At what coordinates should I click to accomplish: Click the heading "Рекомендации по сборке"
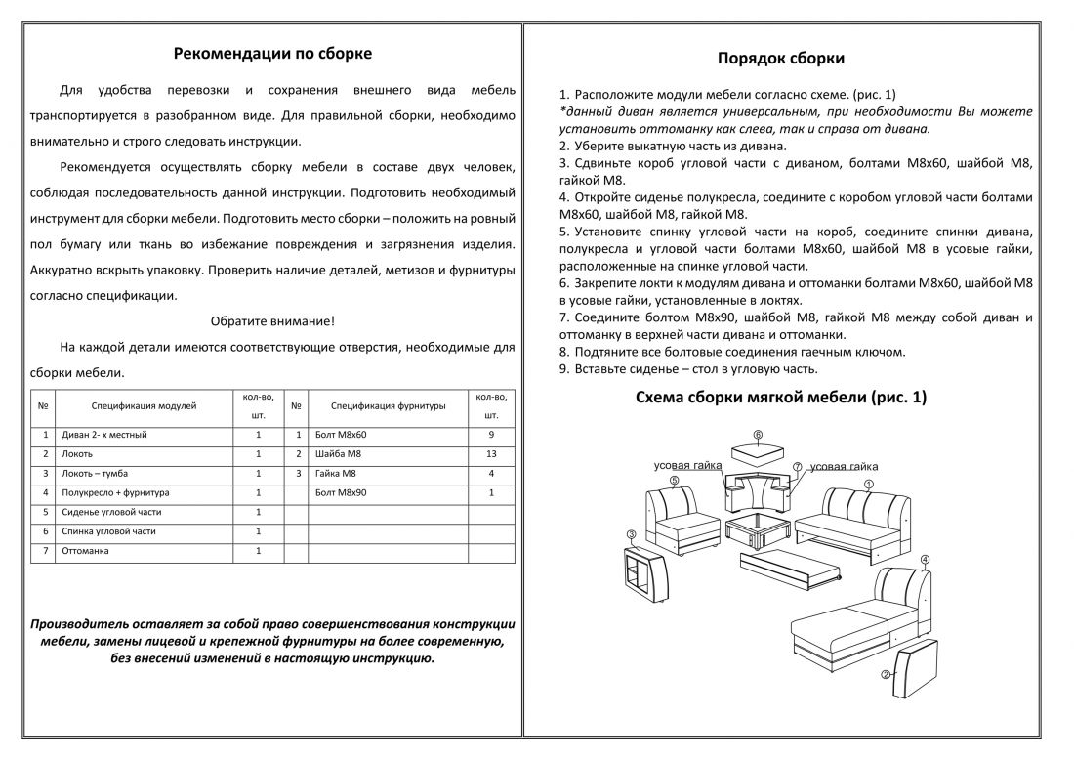pos(272,54)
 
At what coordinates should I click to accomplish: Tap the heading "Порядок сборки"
pos(781,59)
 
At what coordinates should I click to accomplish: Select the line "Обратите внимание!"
pos(272,320)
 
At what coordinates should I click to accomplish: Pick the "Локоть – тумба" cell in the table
pos(97,473)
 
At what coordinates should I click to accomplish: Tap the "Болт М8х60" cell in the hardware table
pos(342,434)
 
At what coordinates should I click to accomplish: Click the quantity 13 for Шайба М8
pos(491,453)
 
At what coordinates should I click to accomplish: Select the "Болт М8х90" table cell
pos(342,492)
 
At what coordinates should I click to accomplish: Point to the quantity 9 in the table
pos(491,434)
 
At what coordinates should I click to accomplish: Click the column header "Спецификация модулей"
pos(145,404)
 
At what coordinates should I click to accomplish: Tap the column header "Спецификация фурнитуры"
pos(389,404)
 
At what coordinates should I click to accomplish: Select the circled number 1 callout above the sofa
pos(868,484)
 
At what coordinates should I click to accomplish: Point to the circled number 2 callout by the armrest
pos(886,674)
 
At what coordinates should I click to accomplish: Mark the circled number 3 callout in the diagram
pos(632,534)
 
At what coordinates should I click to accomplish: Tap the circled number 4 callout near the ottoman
pos(925,559)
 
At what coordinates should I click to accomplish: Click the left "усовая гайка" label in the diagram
pos(687,466)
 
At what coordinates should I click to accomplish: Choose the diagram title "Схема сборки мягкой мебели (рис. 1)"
pos(781,398)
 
